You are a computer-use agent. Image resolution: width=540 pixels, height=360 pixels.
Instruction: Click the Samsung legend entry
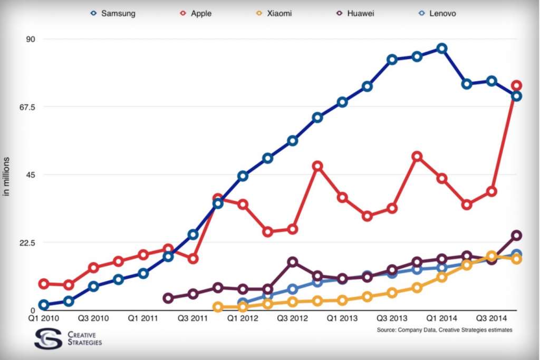[x=115, y=13]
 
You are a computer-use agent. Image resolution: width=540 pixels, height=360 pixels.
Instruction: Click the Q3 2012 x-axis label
[x=292, y=318]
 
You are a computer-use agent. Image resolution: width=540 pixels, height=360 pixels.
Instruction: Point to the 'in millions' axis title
[x=7, y=176]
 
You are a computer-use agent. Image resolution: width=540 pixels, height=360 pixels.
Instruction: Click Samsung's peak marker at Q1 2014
[x=442, y=48]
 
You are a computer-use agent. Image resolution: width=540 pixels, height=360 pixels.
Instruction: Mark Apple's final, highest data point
[x=517, y=85]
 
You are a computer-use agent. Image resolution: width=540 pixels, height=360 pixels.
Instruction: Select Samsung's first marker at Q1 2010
[x=44, y=305]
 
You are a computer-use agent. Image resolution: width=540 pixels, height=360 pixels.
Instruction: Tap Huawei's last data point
[x=517, y=235]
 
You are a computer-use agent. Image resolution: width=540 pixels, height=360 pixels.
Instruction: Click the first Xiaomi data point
[x=218, y=307]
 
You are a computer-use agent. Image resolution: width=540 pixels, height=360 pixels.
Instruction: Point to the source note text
[x=445, y=330]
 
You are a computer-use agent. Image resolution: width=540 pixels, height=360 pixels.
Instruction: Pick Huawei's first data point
[x=168, y=298]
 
